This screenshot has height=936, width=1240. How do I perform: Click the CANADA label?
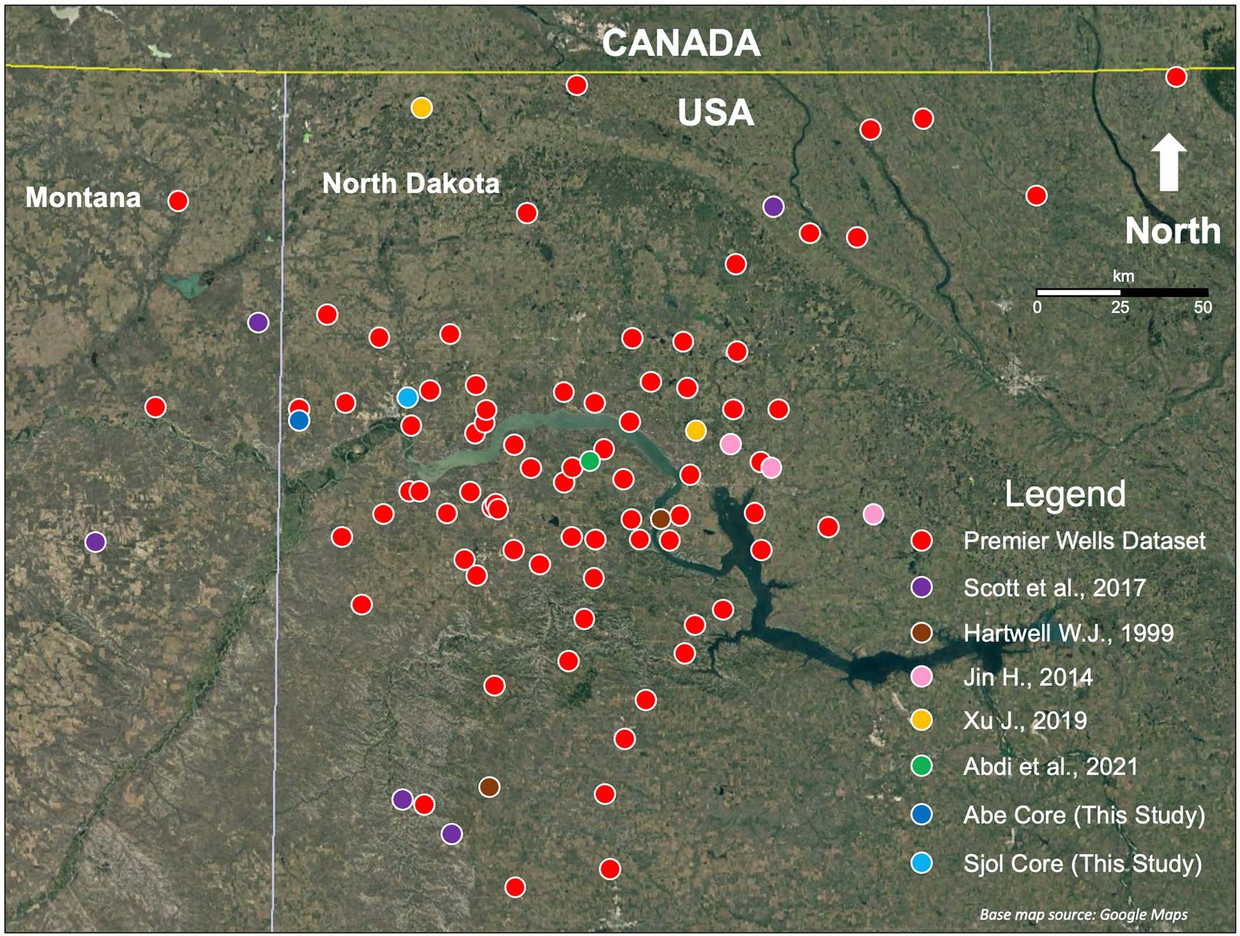pyautogui.click(x=681, y=43)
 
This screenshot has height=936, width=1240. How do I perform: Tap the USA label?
pyautogui.click(x=716, y=113)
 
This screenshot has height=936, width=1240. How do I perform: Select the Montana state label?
pyautogui.click(x=83, y=197)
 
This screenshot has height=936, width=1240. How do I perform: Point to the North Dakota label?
pyautogui.click(x=411, y=183)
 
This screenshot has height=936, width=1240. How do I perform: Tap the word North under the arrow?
pyautogui.click(x=1172, y=231)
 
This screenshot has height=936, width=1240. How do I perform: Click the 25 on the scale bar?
pyautogui.click(x=1120, y=308)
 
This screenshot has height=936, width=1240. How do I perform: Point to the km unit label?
pyautogui.click(x=1123, y=276)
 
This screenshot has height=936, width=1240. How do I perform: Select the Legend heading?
pyautogui.click(x=1065, y=494)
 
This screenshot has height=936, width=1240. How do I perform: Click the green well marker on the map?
pyautogui.click(x=590, y=460)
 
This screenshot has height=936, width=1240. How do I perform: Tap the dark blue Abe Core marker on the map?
pyautogui.click(x=299, y=420)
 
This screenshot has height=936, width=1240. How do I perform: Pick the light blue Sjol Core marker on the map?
pyautogui.click(x=407, y=397)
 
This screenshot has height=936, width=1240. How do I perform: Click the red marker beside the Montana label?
pyautogui.click(x=178, y=201)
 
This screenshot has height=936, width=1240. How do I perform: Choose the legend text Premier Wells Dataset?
pyautogui.click(x=1084, y=540)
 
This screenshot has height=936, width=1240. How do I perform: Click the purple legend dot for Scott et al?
pyautogui.click(x=921, y=587)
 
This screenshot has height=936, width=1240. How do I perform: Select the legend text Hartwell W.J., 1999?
pyautogui.click(x=1068, y=633)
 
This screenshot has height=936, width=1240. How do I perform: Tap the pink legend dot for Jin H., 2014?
pyautogui.click(x=921, y=677)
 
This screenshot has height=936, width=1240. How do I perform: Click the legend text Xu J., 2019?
pyautogui.click(x=1025, y=720)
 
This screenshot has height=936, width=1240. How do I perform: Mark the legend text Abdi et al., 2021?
pyautogui.click(x=1051, y=767)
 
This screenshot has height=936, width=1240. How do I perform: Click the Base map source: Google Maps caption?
pyautogui.click(x=1083, y=914)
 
